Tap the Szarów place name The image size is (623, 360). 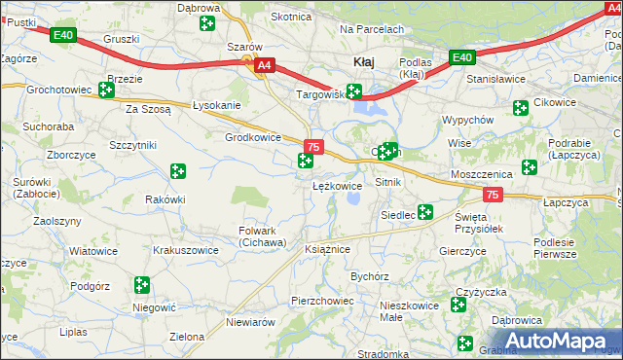pyautogui.click(x=244, y=47)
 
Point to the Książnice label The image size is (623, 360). pyautogui.click(x=327, y=249)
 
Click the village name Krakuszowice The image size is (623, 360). pyautogui.click(x=186, y=250)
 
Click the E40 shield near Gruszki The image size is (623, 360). pyautogui.click(x=63, y=36)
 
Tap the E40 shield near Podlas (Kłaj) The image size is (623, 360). pyautogui.click(x=461, y=57)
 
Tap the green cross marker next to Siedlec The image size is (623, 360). pyautogui.click(x=425, y=211)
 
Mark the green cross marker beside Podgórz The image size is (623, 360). pyautogui.click(x=142, y=285)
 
